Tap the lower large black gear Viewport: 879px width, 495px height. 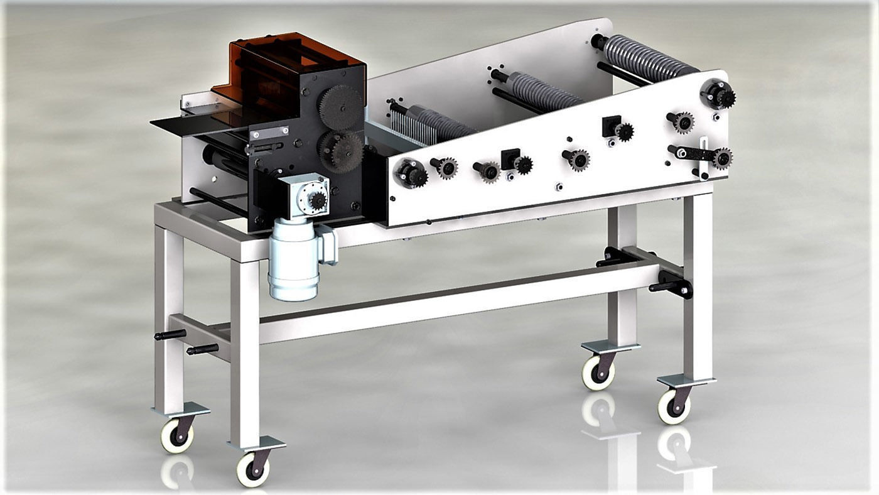[341, 151]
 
